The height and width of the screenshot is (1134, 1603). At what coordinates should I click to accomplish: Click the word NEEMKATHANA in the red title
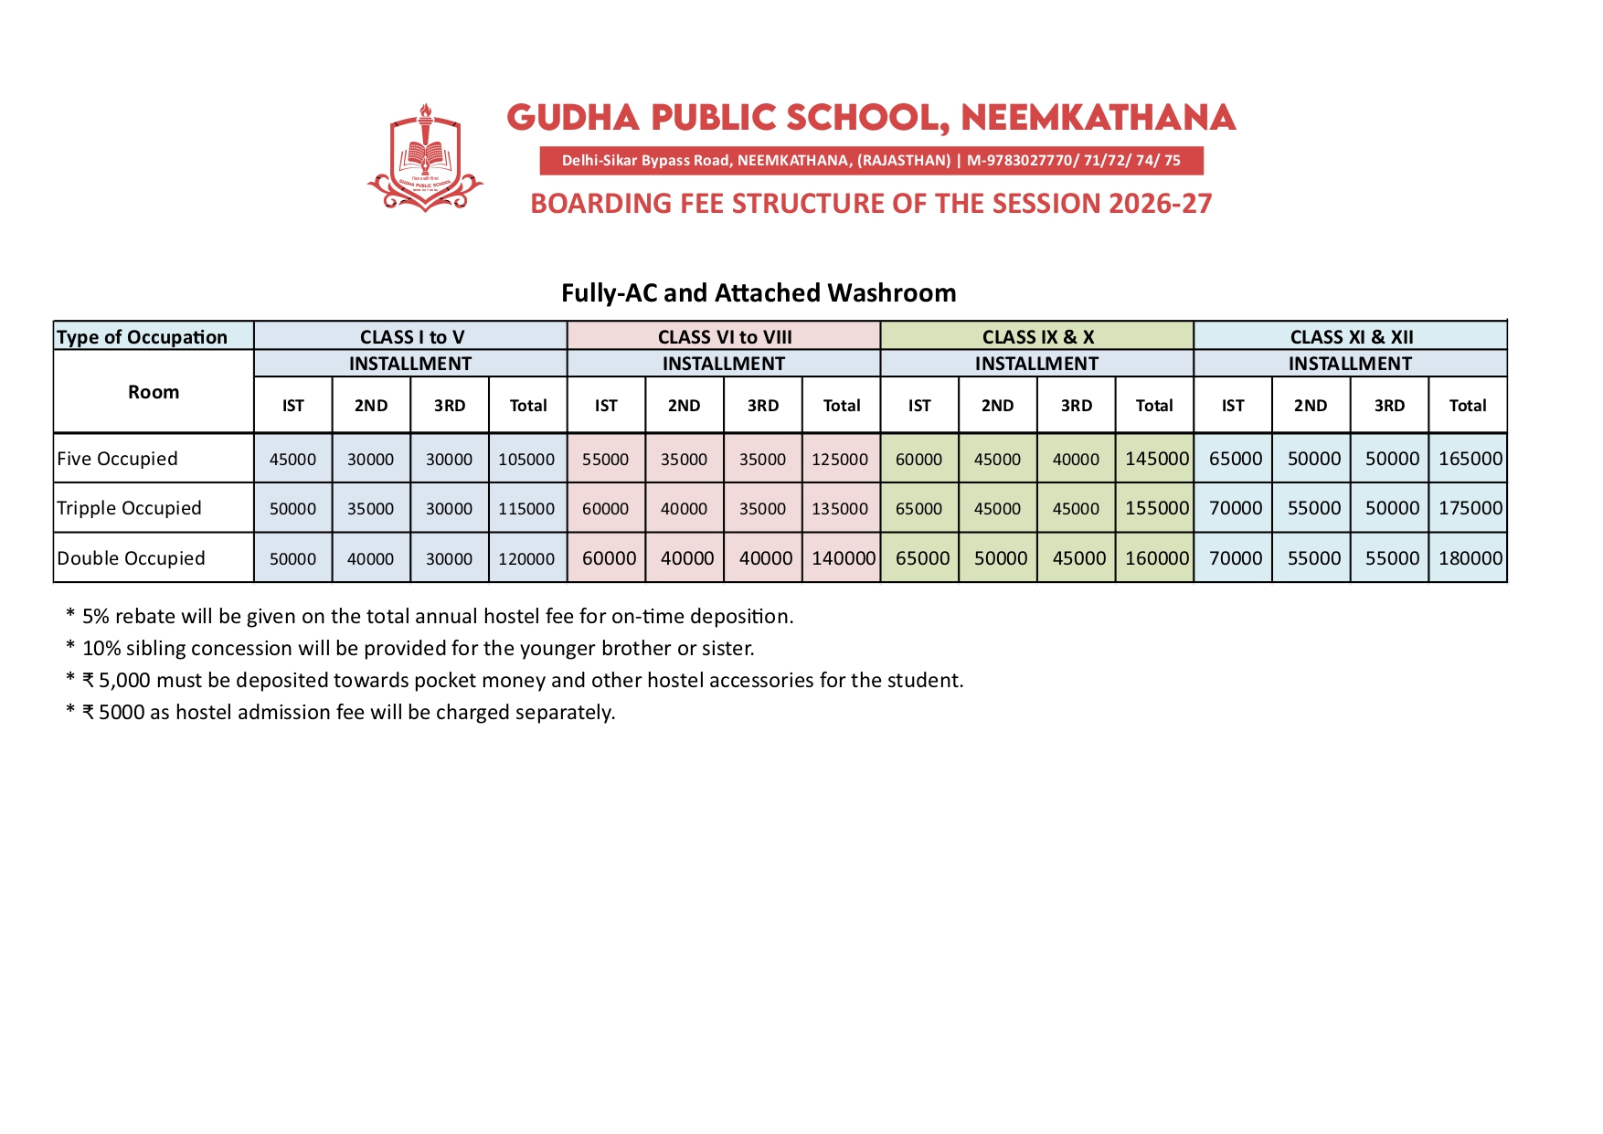click(1098, 118)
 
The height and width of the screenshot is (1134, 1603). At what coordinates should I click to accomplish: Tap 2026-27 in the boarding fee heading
click(1160, 203)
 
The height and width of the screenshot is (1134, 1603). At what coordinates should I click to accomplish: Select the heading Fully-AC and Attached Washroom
click(759, 292)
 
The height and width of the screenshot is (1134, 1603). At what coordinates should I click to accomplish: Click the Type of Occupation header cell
click(143, 336)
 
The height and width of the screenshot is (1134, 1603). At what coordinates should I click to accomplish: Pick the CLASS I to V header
click(411, 336)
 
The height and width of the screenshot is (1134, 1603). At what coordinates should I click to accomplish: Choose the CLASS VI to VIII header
click(724, 336)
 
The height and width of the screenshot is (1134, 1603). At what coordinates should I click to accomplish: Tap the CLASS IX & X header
click(1037, 336)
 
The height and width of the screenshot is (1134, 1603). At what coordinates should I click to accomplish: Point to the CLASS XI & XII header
click(1351, 336)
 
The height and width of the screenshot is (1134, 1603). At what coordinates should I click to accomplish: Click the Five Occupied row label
click(117, 459)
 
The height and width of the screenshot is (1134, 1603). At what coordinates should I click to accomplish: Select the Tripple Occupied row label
click(129, 508)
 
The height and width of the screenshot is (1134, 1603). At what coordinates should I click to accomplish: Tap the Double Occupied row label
click(131, 558)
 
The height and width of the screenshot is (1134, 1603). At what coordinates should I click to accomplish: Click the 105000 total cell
click(526, 460)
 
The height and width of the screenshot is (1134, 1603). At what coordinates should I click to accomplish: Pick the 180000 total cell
click(1470, 558)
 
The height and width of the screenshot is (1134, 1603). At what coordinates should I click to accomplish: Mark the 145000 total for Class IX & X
click(1156, 459)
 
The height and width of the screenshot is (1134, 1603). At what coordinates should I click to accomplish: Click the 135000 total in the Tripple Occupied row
click(840, 509)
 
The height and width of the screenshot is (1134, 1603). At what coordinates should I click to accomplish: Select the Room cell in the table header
click(154, 392)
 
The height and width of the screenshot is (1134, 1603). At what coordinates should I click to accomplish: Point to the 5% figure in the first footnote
click(95, 617)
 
